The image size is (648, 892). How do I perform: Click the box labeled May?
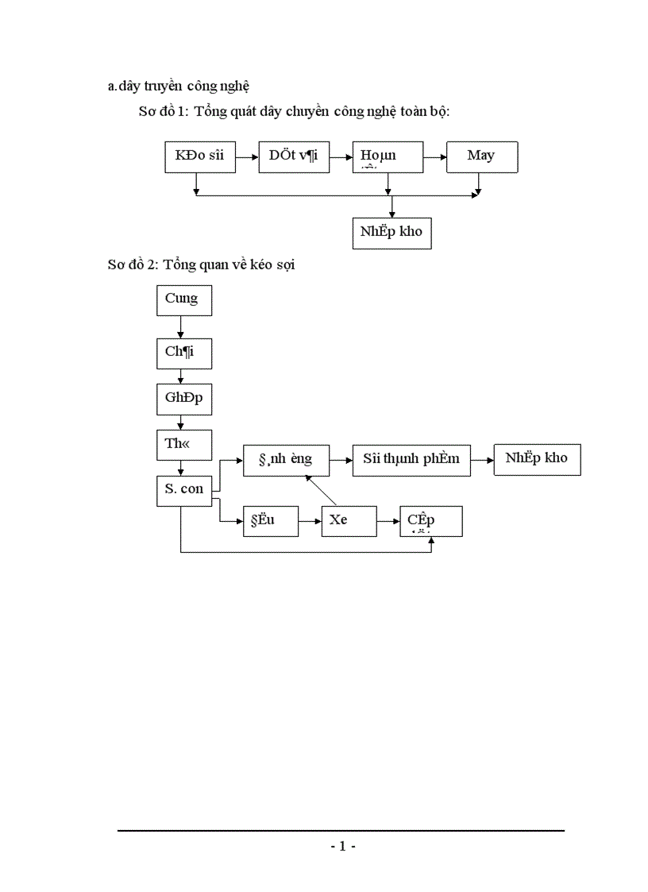(x=482, y=156)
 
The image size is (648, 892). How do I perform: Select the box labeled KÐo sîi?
(x=199, y=156)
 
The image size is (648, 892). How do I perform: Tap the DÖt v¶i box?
(x=293, y=156)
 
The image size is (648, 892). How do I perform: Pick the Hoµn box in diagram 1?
(x=388, y=156)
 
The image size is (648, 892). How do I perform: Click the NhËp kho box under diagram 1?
(x=391, y=233)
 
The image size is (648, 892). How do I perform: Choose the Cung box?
(x=183, y=301)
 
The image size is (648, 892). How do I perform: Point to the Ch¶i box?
(x=183, y=353)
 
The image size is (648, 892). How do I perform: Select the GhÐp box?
(x=183, y=399)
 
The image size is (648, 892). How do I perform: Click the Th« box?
(x=183, y=445)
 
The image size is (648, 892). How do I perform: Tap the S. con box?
(x=183, y=490)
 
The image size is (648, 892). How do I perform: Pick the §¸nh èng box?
(x=286, y=460)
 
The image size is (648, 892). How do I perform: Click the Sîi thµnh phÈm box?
(x=411, y=460)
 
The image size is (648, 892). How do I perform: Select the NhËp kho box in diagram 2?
(x=537, y=459)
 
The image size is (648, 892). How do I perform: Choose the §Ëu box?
(x=271, y=521)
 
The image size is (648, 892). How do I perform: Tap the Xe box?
(x=349, y=521)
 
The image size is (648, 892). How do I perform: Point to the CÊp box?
(x=431, y=521)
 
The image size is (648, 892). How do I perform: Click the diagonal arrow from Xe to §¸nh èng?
(x=322, y=491)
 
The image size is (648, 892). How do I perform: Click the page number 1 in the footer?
(x=342, y=847)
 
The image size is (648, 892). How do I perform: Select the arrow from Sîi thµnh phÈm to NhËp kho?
(x=482, y=460)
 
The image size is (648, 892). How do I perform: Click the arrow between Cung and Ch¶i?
(x=181, y=327)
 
